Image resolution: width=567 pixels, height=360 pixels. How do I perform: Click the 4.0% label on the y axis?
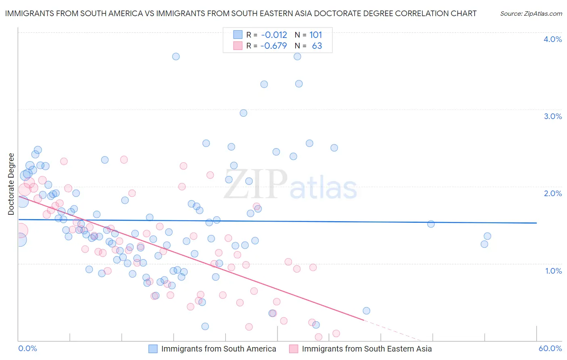tap(552, 39)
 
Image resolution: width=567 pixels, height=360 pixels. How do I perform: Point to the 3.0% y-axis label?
tap(552, 116)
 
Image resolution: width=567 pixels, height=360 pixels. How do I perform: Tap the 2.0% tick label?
tap(552, 193)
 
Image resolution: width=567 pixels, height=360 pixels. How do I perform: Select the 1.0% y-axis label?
tap(553, 271)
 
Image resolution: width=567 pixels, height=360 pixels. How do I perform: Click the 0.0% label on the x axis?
tap(28, 348)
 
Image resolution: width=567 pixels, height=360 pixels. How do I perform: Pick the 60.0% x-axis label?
tap(550, 348)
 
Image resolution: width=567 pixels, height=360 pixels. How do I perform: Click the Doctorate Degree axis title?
tap(11, 184)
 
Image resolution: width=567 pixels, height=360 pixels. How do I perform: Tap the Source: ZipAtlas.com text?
tap(531, 13)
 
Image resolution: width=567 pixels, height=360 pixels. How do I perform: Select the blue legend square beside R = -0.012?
tap(238, 35)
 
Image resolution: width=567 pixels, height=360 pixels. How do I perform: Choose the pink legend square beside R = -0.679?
tap(238, 46)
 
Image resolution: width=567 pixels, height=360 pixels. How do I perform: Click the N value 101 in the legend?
tap(315, 35)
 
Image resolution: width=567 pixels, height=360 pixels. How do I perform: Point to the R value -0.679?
tap(273, 46)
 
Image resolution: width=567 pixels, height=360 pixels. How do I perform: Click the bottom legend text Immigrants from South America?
tap(219, 349)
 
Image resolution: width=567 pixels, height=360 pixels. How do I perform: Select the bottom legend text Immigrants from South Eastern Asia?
tap(367, 349)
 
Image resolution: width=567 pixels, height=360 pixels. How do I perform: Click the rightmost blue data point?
tap(487, 236)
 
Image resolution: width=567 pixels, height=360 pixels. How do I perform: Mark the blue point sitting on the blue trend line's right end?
tap(431, 224)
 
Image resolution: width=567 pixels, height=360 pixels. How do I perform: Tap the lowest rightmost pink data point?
tap(336, 333)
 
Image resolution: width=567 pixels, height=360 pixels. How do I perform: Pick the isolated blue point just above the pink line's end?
tap(366, 311)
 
